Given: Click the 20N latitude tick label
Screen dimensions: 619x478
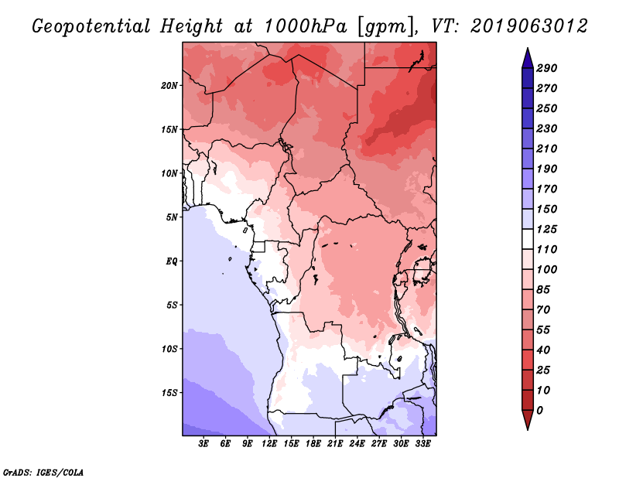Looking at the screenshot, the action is (169, 85).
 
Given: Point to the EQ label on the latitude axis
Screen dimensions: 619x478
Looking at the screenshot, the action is (172, 261).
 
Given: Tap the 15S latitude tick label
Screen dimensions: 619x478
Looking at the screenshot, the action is (169, 392).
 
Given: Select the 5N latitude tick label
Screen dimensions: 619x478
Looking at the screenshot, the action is (172, 217).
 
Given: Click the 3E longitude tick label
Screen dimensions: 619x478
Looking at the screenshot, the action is (203, 443).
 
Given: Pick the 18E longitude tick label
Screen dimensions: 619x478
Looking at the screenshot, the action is (313, 443).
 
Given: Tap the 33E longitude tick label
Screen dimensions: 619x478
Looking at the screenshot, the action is (422, 443).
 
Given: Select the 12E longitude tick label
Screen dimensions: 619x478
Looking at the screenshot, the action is (269, 443).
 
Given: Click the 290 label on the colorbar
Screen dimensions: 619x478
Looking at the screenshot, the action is (547, 68).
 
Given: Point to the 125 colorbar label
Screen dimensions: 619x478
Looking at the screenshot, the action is (547, 229).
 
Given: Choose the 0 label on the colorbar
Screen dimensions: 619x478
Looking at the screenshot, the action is (539, 411).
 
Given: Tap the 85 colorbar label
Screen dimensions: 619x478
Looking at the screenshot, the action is (543, 290).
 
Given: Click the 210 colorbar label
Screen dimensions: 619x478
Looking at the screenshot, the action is (547, 149).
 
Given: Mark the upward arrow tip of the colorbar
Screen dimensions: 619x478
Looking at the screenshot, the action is (528, 48).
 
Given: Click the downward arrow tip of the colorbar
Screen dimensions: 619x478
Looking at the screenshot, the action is (528, 429).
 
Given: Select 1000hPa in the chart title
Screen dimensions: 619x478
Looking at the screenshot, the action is (305, 26).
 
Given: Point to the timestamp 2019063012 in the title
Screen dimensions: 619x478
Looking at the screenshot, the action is (529, 26).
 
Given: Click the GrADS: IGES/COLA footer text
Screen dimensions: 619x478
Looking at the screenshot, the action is (43, 473).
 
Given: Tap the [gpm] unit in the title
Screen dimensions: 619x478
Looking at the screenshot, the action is (387, 27).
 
